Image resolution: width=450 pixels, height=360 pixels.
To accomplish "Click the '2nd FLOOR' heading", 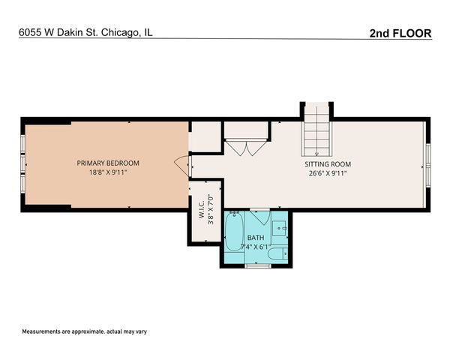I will point(400,33).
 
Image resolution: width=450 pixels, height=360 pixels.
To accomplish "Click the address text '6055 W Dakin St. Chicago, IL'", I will point(86,33).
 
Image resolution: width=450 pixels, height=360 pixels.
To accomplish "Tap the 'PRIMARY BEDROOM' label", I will point(108,163).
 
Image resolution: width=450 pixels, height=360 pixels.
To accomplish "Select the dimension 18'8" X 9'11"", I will point(108,172).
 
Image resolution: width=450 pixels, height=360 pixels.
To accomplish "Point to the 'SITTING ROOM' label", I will point(327,163).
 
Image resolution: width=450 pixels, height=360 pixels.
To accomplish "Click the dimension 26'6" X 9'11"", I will point(327,173).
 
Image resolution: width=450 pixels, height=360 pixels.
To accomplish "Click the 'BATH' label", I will point(256,238).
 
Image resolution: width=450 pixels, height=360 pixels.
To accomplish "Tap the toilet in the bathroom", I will point(277,254).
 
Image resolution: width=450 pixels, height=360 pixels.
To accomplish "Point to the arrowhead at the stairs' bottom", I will point(316,154).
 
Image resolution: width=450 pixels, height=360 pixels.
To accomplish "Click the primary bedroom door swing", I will point(182,163).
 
